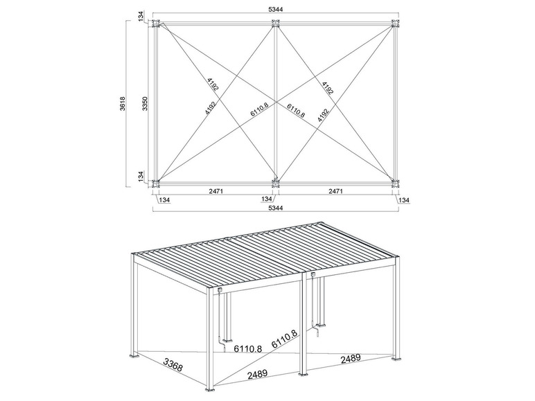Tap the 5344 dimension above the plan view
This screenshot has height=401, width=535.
point(276,9)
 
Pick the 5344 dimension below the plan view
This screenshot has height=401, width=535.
point(276,208)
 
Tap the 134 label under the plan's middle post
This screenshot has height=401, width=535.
point(267,199)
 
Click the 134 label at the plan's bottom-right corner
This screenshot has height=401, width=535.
point(404,200)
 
